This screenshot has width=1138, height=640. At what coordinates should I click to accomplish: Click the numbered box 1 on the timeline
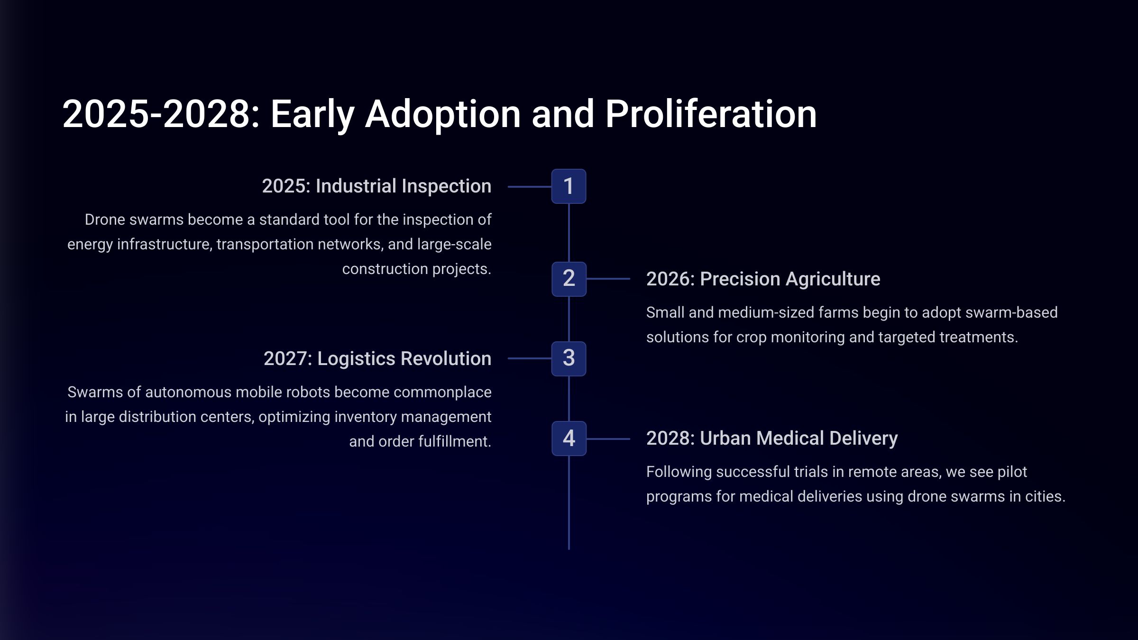point(569,186)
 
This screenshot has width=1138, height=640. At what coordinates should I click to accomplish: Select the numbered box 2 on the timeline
point(569,279)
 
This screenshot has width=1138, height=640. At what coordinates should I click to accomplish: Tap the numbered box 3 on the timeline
point(569,358)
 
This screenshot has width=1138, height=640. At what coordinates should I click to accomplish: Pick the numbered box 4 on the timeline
point(569,439)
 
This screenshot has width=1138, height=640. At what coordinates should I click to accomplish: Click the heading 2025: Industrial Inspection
point(376,186)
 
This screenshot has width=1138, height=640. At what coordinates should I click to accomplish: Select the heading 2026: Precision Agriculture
point(763,279)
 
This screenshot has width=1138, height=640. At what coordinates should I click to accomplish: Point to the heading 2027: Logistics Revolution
point(377,358)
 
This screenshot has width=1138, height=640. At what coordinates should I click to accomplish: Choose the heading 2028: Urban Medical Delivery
point(772,438)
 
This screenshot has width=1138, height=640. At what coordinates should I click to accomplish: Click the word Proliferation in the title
point(711,114)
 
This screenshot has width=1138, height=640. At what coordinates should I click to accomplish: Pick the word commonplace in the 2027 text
point(442,393)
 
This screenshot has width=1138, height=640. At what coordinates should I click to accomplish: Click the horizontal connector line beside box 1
point(530,187)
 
